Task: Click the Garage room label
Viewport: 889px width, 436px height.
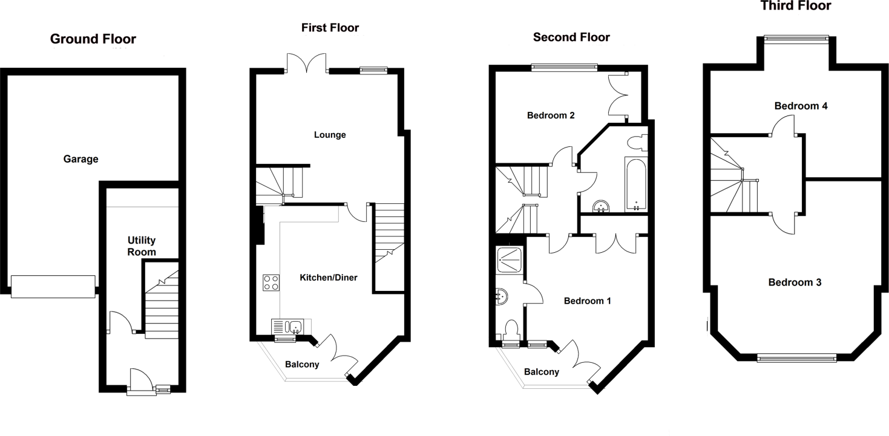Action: [x=80, y=160]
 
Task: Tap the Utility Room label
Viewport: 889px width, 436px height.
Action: [x=142, y=246]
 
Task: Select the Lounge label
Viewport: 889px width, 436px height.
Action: [x=330, y=135]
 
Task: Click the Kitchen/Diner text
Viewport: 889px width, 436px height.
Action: [x=329, y=278]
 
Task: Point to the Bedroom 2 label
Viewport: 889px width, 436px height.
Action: [x=550, y=116]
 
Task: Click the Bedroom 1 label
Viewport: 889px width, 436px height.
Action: [x=587, y=301]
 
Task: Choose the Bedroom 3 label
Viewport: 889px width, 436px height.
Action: [x=795, y=282]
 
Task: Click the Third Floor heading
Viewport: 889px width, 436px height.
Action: [x=795, y=6]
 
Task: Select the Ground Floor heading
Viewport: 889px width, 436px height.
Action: [x=93, y=39]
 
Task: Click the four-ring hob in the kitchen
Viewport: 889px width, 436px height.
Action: [x=271, y=282]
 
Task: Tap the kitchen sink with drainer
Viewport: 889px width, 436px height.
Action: [x=290, y=327]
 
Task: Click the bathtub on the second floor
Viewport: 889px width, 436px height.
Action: [x=635, y=184]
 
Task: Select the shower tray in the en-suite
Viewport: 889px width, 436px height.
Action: [x=510, y=259]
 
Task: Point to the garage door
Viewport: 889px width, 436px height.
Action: [x=53, y=287]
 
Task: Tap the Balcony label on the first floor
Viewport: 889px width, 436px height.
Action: [x=302, y=365]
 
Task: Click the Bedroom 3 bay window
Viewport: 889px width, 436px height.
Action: [x=796, y=358]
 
